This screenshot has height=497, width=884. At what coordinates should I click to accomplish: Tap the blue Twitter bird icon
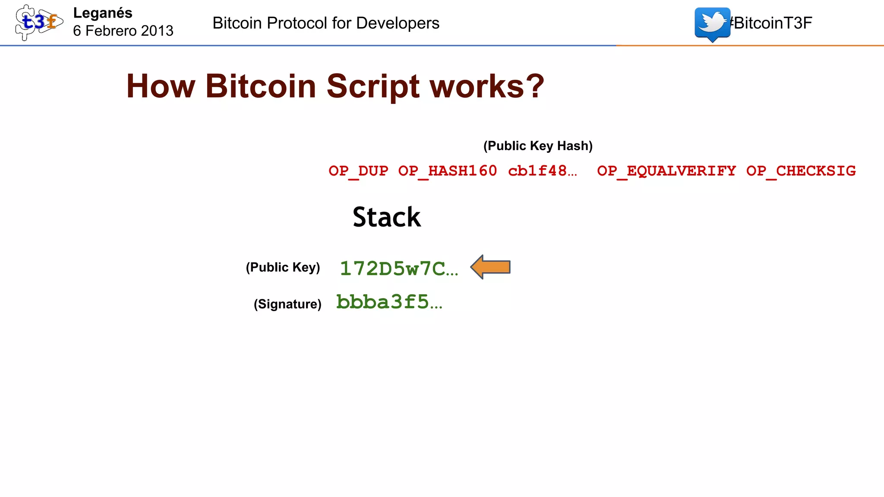point(712,24)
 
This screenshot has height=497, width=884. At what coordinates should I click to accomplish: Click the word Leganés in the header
point(103,13)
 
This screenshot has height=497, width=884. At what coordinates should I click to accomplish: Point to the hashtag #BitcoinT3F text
point(772,23)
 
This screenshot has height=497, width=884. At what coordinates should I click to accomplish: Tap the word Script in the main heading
point(373,86)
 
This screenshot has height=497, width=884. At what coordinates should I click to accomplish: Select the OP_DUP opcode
point(358,171)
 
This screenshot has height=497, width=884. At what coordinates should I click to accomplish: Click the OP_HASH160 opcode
point(448,171)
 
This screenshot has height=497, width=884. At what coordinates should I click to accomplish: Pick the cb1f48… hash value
point(542,171)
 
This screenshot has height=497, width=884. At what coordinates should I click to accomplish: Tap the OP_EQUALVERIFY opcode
point(666,171)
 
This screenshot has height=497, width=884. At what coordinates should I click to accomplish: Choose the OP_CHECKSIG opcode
point(801,171)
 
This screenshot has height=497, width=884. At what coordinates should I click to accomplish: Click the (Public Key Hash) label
point(538,146)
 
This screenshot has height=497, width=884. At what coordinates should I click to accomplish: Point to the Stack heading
point(387,217)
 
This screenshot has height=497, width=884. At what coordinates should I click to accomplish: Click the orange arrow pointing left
point(491,267)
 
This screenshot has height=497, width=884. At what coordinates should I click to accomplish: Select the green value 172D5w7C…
point(399,268)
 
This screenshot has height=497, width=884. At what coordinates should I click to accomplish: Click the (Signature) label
point(287,304)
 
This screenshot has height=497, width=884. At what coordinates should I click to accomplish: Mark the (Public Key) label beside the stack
point(283,267)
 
